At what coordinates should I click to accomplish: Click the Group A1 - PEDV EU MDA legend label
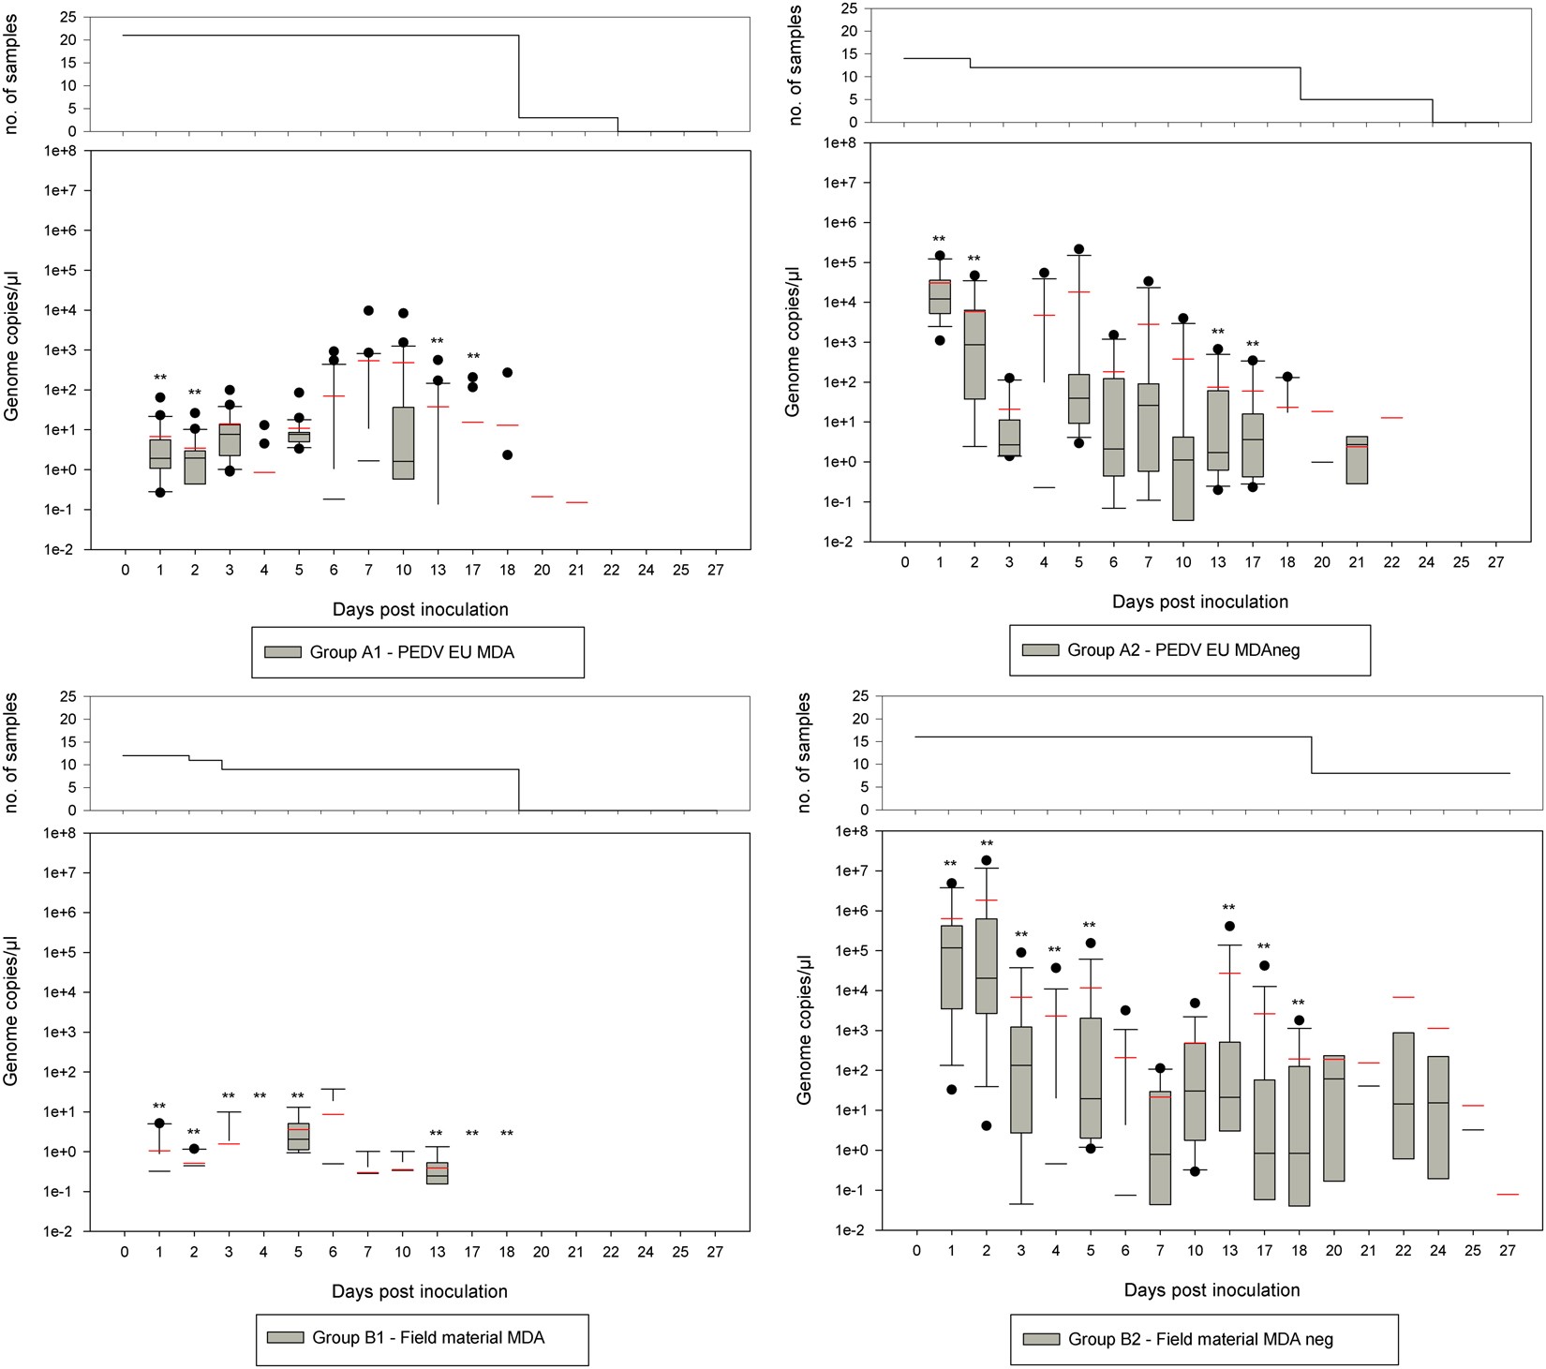coord(411,652)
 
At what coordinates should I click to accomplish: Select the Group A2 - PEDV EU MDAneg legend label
coord(1183,649)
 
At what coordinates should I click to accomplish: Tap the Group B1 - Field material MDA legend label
coord(428,1337)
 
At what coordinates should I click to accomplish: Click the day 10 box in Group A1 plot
coord(403,442)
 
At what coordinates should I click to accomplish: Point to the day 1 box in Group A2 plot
coord(940,296)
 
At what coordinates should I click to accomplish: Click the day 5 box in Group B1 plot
coord(298,1136)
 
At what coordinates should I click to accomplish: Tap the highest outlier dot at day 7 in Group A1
coord(368,310)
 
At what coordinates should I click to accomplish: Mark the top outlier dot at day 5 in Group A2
coord(1078,249)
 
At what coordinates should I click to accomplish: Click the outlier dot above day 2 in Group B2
coord(986,860)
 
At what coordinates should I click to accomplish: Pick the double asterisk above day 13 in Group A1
coord(437,342)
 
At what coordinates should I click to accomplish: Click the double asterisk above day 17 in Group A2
coord(1253,345)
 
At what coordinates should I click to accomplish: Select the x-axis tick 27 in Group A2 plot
coord(1495,562)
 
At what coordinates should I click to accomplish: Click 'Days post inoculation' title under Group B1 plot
coord(419,1291)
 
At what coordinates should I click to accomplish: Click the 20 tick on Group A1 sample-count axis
coord(67,39)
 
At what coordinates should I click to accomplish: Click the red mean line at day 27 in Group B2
coord(1507,1195)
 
